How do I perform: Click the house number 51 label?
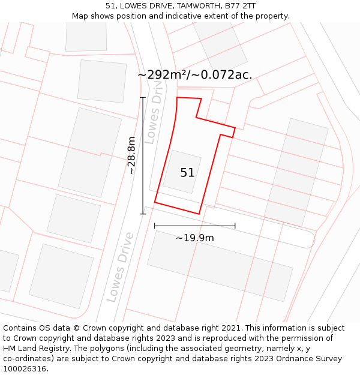[x=187, y=173]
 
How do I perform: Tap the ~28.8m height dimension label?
[x=131, y=155]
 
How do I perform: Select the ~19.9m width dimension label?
[x=194, y=238]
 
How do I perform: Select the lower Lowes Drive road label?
[x=121, y=267]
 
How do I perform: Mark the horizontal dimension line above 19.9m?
[x=194, y=226]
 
